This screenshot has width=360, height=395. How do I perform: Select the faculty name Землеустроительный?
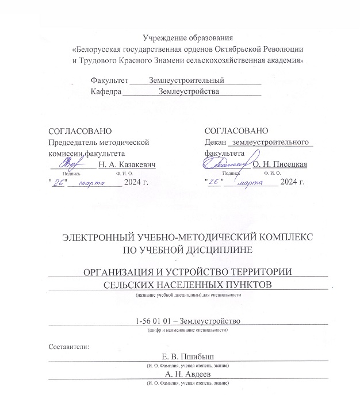coord(186,80)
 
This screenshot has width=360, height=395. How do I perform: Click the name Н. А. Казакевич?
coord(127,165)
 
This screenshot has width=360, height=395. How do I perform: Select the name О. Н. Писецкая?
coord(280,165)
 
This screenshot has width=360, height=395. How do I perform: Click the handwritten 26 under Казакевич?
coord(58,183)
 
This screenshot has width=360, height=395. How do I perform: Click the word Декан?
coord(215,143)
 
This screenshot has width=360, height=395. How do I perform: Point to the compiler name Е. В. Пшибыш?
coord(187,358)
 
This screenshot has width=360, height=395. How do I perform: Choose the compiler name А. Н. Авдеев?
coord(187,374)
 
